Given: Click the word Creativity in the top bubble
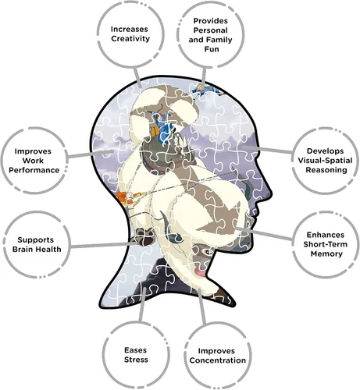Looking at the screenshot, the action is point(130,39).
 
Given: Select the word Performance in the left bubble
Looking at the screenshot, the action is point(34,170).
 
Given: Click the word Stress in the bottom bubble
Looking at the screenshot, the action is point(136,360).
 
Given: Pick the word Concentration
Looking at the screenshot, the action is point(218,360).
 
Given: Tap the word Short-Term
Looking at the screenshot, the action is point(325,244).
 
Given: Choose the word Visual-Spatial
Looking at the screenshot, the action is point(325,161).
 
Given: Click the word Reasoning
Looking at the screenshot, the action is point(326,170).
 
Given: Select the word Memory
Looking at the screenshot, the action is point(326,253).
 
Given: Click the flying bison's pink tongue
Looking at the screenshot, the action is point(201,273).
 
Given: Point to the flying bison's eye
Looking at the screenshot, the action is point(209,252).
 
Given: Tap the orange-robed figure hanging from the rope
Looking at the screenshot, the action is point(128,198).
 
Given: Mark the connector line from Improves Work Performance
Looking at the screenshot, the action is point(91,154).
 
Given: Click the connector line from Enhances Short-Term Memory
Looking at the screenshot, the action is point(264,233).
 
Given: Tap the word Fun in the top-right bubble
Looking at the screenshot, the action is point(212,49).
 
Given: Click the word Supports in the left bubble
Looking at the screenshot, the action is point(36,240).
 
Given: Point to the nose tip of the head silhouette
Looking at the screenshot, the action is point(272,193).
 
